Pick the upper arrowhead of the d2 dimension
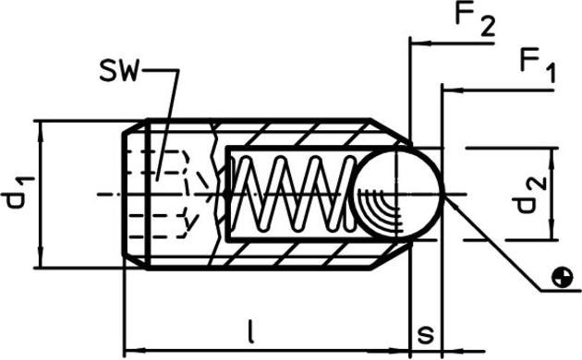pyautogui.click(x=552, y=154)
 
